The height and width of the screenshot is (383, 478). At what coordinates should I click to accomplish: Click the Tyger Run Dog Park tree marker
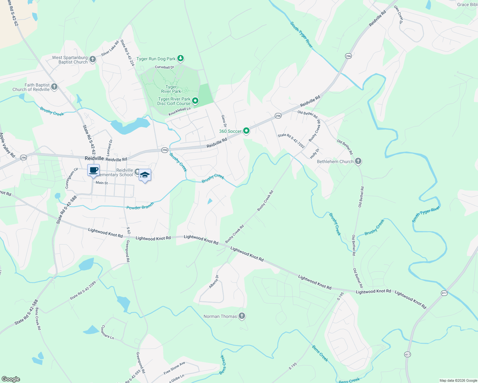point(181,58)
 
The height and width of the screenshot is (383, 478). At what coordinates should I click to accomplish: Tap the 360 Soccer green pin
point(246,131)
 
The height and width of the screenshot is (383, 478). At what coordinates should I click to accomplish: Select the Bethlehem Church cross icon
point(358,161)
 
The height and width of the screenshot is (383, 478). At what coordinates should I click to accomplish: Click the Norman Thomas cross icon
point(242,316)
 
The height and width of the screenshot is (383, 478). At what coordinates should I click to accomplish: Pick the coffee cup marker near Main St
point(93,170)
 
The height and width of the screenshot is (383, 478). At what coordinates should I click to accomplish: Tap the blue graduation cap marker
point(145,175)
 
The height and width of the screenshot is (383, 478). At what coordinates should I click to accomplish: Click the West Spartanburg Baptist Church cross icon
point(92,59)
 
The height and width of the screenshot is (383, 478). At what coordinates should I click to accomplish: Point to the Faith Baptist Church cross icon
point(54,87)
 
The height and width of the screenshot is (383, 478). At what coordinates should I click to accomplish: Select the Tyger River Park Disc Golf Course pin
point(195,101)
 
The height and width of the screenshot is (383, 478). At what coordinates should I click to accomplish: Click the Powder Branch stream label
point(140,206)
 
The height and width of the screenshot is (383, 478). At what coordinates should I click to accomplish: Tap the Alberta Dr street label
point(213,282)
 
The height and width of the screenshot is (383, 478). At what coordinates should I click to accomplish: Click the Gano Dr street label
point(224,121)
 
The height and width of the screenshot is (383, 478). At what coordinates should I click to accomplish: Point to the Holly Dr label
point(314,153)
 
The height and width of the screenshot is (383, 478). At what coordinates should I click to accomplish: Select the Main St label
point(102,183)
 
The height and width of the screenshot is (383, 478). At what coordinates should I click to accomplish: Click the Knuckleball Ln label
point(179,111)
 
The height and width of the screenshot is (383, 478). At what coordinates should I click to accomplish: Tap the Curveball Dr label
point(164,67)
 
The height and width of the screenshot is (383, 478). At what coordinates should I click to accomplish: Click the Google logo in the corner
point(11,379)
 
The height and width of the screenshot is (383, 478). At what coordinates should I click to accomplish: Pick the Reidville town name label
point(94,158)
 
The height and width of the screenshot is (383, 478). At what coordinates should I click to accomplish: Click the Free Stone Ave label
point(174,368)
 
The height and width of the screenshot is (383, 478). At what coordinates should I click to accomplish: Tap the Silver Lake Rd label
point(110,49)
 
